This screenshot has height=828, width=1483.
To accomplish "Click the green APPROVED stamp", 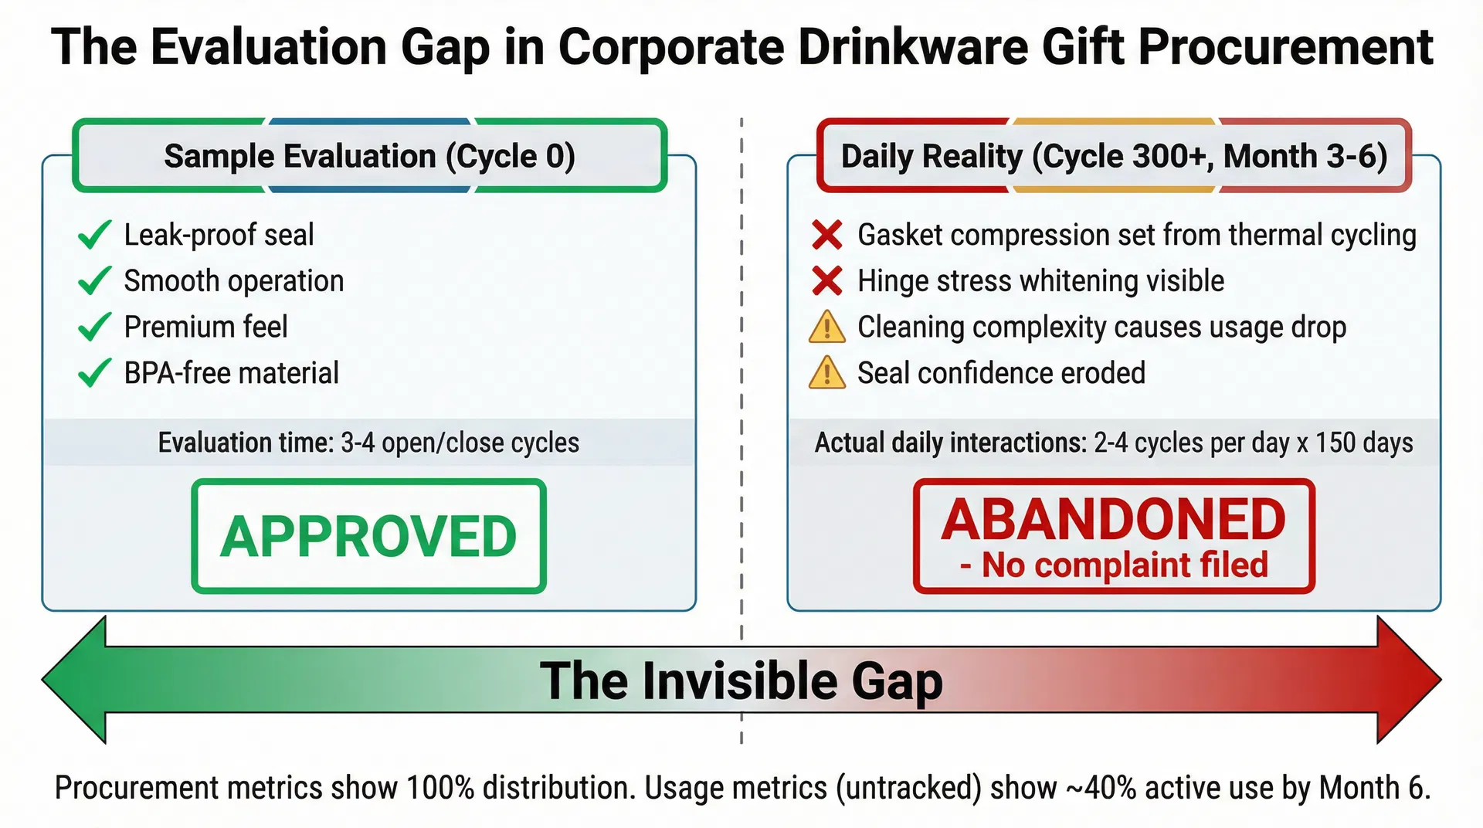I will click(x=368, y=536).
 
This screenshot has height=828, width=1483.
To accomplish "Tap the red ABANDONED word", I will click(x=1113, y=520).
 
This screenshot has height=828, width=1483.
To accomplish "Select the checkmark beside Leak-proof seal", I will click(x=95, y=235).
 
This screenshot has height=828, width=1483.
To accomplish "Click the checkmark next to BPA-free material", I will click(x=95, y=373).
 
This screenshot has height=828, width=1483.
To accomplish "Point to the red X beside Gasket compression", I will click(x=826, y=235).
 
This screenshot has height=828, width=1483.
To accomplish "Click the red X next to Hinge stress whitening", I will click(x=826, y=281).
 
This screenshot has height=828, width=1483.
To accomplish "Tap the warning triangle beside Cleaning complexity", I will click(x=826, y=327).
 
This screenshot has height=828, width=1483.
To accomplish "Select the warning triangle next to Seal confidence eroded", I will click(x=826, y=373).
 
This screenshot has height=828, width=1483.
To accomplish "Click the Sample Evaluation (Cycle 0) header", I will click(x=369, y=156).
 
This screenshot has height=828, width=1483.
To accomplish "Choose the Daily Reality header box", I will click(x=1113, y=156).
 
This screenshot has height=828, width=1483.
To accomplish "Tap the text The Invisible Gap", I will click(x=741, y=680).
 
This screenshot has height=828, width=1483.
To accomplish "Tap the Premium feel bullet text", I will click(x=205, y=327).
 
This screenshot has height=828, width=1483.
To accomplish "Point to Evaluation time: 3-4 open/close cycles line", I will click(x=368, y=443).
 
